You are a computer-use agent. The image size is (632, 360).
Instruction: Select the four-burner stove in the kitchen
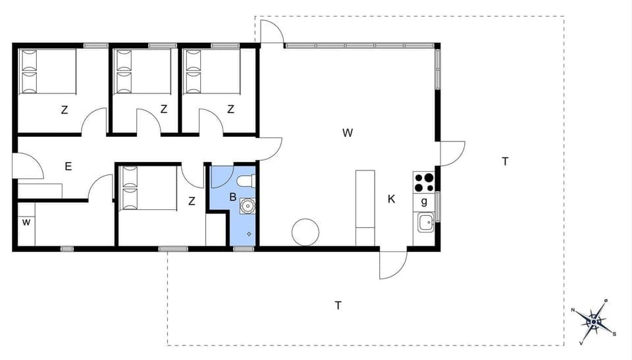click(x=423, y=181)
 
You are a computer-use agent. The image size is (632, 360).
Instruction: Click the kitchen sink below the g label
click(x=425, y=222)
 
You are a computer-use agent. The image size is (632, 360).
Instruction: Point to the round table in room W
click(x=305, y=232)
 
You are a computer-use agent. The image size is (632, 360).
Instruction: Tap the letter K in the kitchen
click(x=391, y=199)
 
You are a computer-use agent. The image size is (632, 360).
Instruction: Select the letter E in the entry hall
click(x=68, y=167)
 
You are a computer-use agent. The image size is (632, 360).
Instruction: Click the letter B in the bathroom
click(x=232, y=197)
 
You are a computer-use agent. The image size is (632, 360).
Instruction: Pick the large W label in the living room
click(x=348, y=133)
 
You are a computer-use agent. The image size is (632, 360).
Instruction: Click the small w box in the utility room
click(x=26, y=222)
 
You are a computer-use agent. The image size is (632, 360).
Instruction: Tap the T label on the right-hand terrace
click(x=505, y=161)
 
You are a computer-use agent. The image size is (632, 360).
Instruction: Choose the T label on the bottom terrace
click(x=338, y=305)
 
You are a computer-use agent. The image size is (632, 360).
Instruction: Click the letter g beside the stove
click(x=424, y=201)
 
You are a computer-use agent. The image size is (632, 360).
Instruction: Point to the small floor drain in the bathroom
click(x=249, y=234)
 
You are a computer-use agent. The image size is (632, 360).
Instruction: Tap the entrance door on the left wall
click(x=28, y=167)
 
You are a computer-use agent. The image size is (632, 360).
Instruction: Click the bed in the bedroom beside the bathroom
click(x=149, y=188)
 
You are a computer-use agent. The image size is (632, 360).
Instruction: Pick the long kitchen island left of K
click(x=365, y=207)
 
